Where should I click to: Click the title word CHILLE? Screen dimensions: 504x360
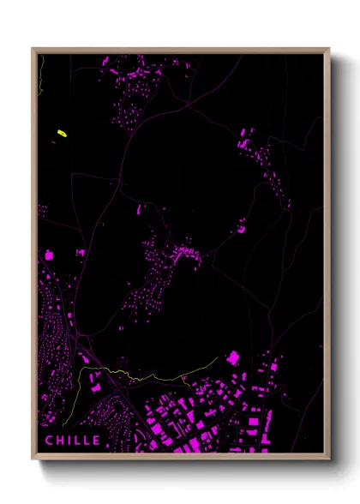pos(73,441)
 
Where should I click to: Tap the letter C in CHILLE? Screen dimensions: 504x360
pos(49,441)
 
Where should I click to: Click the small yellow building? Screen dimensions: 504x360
pos(62,133)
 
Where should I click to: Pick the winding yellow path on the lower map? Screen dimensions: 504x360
pos(129,375)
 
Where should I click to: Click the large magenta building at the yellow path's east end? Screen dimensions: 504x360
pos(233,357)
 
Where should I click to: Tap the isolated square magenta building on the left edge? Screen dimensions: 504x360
pos(49,255)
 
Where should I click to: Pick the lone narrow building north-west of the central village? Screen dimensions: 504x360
pos(140,207)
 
